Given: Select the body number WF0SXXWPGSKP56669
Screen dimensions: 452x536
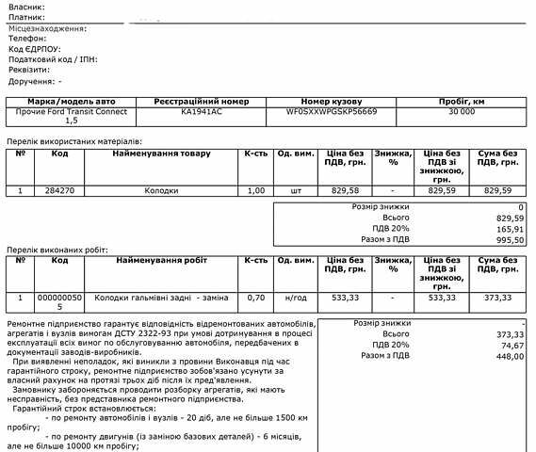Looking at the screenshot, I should pyautogui.click(x=331, y=110).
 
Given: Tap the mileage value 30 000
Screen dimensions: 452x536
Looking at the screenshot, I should pyautogui.click(x=462, y=110).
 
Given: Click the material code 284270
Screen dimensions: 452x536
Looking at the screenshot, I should pyautogui.click(x=59, y=190).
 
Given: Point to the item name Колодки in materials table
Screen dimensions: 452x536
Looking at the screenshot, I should pyautogui.click(x=160, y=190).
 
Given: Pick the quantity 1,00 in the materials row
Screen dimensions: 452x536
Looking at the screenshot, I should pyautogui.click(x=254, y=190).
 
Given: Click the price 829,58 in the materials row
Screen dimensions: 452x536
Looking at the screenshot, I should pyautogui.click(x=346, y=190).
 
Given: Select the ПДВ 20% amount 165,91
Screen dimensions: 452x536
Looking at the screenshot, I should pyautogui.click(x=510, y=228).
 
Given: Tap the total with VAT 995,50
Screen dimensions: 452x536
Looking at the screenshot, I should pyautogui.click(x=510, y=239).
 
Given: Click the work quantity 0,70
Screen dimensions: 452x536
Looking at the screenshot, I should pyautogui.click(x=254, y=298).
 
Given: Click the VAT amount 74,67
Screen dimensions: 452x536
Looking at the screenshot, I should pyautogui.click(x=510, y=345).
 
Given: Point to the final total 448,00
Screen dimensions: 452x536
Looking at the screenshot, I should pyautogui.click(x=510, y=356).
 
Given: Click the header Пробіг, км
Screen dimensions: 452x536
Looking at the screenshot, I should pyautogui.click(x=462, y=99).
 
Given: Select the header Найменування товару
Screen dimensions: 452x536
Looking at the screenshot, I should pyautogui.click(x=162, y=153).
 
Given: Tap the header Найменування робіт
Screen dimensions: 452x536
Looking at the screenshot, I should pyautogui.click(x=160, y=260).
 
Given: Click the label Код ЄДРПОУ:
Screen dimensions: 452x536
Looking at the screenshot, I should pyautogui.click(x=34, y=49).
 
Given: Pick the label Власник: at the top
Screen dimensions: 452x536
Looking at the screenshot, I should pyautogui.click(x=27, y=8).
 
